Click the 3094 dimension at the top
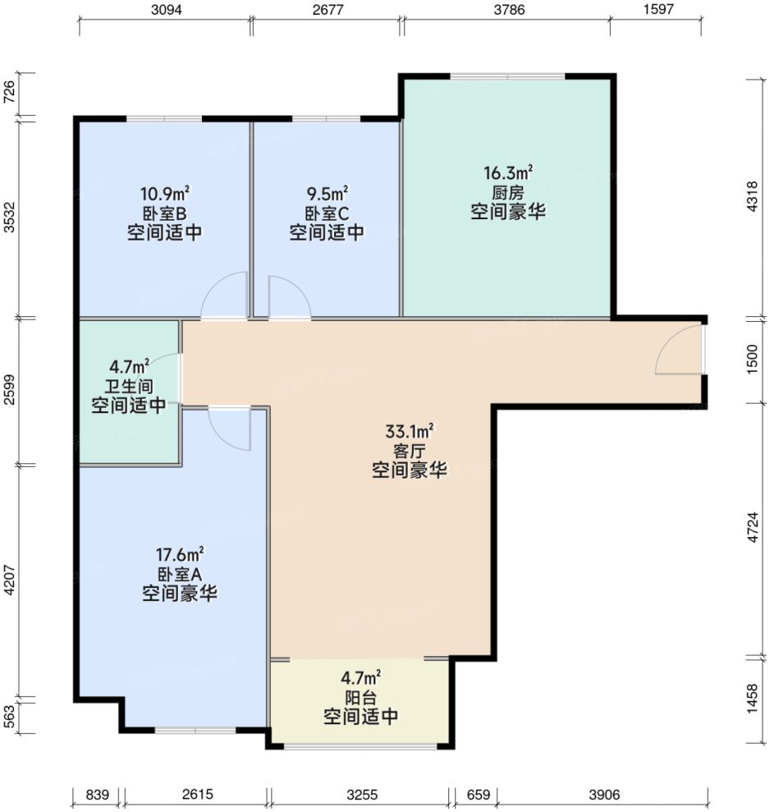pos(166,10)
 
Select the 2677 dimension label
pos(327,10)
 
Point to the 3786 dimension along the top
pos(506,10)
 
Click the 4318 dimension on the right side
pos(756,197)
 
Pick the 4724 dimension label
pos(756,529)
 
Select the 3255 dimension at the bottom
pos(361,795)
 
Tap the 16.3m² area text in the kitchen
pos(508,173)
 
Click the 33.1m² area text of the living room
pos(410,431)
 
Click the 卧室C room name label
pos(327,213)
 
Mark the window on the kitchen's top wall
pos(507,77)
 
